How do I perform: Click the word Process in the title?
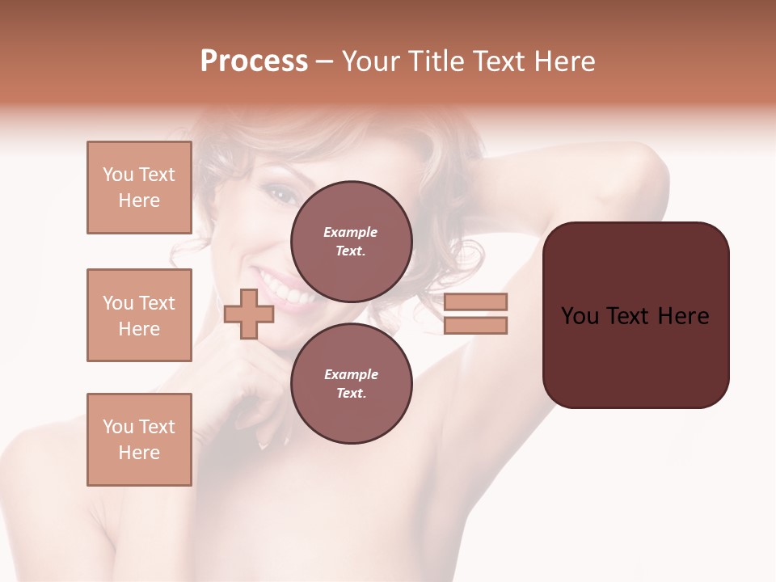[254, 61]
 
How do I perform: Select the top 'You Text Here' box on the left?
[139, 188]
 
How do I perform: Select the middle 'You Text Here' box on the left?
[139, 315]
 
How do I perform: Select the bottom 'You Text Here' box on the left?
[139, 440]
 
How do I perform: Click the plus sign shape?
[249, 314]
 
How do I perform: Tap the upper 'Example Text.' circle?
[351, 241]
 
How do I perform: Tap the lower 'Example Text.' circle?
[351, 383]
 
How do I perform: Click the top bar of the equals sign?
[475, 302]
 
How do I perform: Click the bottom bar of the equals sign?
[475, 326]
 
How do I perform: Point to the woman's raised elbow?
[647, 166]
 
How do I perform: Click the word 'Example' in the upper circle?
[351, 232]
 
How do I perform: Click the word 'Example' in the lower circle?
[351, 374]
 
